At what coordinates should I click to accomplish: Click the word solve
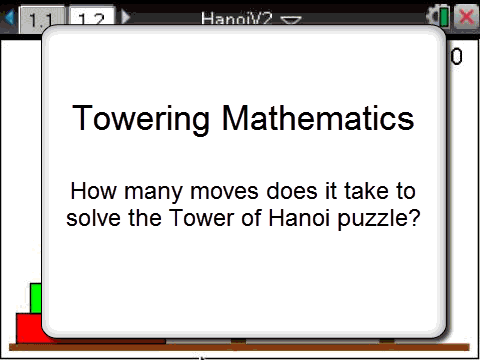(95, 217)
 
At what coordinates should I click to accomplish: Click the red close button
(466, 17)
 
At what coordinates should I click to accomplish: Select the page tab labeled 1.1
(41, 19)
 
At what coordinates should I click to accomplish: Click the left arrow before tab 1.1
(10, 18)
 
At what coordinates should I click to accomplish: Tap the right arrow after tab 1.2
(126, 18)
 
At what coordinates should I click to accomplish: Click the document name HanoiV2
(236, 18)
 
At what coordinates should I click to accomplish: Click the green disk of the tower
(35, 298)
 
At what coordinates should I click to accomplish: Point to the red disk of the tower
(28, 328)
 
